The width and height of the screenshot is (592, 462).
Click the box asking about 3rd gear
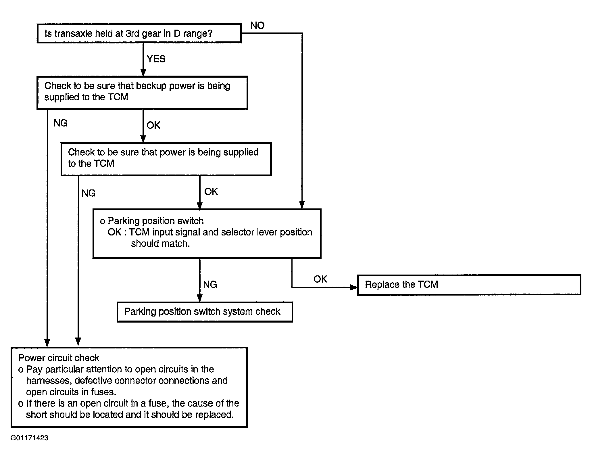[x=139, y=33]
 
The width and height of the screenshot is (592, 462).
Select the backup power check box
[x=142, y=93]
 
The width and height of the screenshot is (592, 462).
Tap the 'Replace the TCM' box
[x=469, y=285]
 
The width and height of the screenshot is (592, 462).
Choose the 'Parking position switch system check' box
[x=205, y=312]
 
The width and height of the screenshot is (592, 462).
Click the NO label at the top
[x=257, y=26]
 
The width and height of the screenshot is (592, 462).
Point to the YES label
[x=156, y=59]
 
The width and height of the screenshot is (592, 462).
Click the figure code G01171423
[x=29, y=438]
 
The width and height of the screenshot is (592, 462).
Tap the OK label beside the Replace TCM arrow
[x=320, y=279]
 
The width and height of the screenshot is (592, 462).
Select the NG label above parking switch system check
[x=210, y=285]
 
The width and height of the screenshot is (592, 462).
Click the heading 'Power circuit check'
[x=59, y=358]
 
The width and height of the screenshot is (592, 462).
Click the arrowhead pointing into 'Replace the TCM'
[x=354, y=287]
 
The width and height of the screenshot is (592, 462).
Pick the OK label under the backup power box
[x=153, y=125]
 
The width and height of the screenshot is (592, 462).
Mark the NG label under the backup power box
[x=61, y=123]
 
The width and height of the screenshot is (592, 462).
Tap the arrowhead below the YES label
[x=143, y=72]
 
